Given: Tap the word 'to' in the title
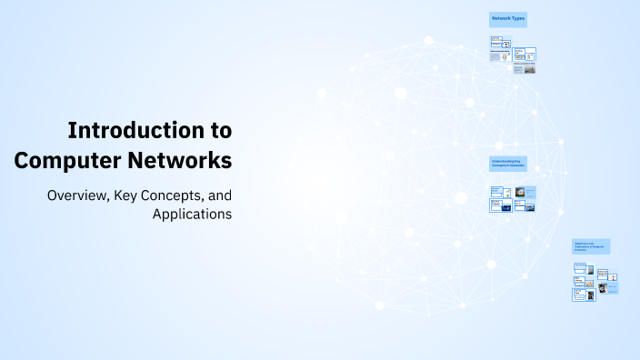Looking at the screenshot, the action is [x=221, y=130].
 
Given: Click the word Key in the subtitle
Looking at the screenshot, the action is [x=128, y=195].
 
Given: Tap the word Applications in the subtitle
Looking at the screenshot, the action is [x=192, y=215].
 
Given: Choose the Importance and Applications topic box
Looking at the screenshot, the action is [x=591, y=246].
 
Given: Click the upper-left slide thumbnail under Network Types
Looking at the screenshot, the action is [x=497, y=43].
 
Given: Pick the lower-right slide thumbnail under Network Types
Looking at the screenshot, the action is [x=525, y=68].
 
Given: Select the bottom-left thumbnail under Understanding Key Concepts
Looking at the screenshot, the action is [x=496, y=206].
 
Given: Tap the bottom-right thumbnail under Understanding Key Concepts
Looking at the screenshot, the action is [x=525, y=206].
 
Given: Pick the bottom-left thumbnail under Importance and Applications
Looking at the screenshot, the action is [x=578, y=295].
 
